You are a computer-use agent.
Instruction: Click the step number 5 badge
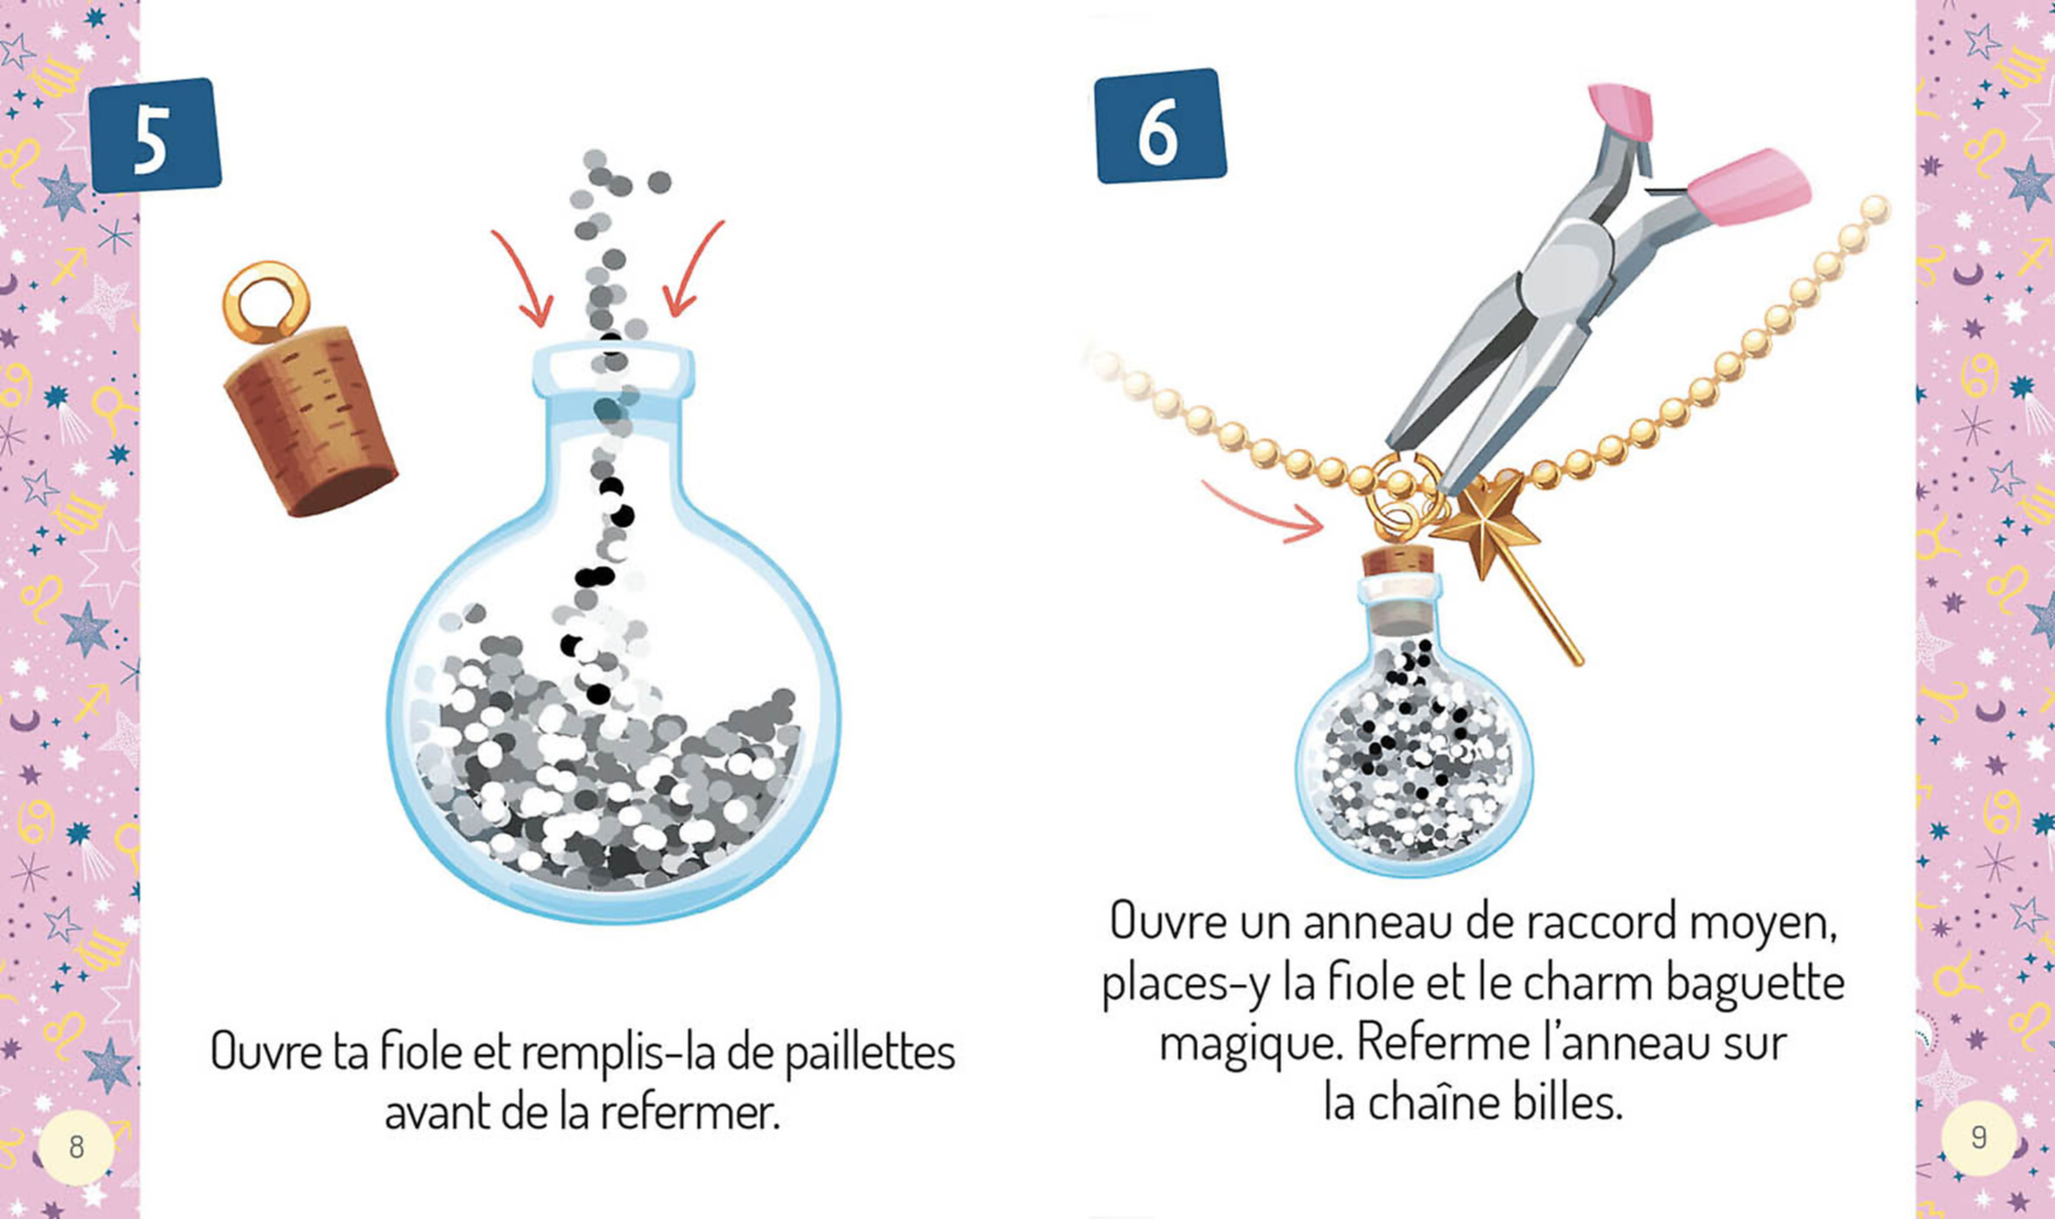(155, 135)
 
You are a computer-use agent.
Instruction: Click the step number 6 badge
(1159, 126)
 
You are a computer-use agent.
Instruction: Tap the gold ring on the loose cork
(266, 300)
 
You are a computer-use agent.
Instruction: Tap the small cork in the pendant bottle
(1398, 560)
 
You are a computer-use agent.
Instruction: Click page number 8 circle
(77, 1147)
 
